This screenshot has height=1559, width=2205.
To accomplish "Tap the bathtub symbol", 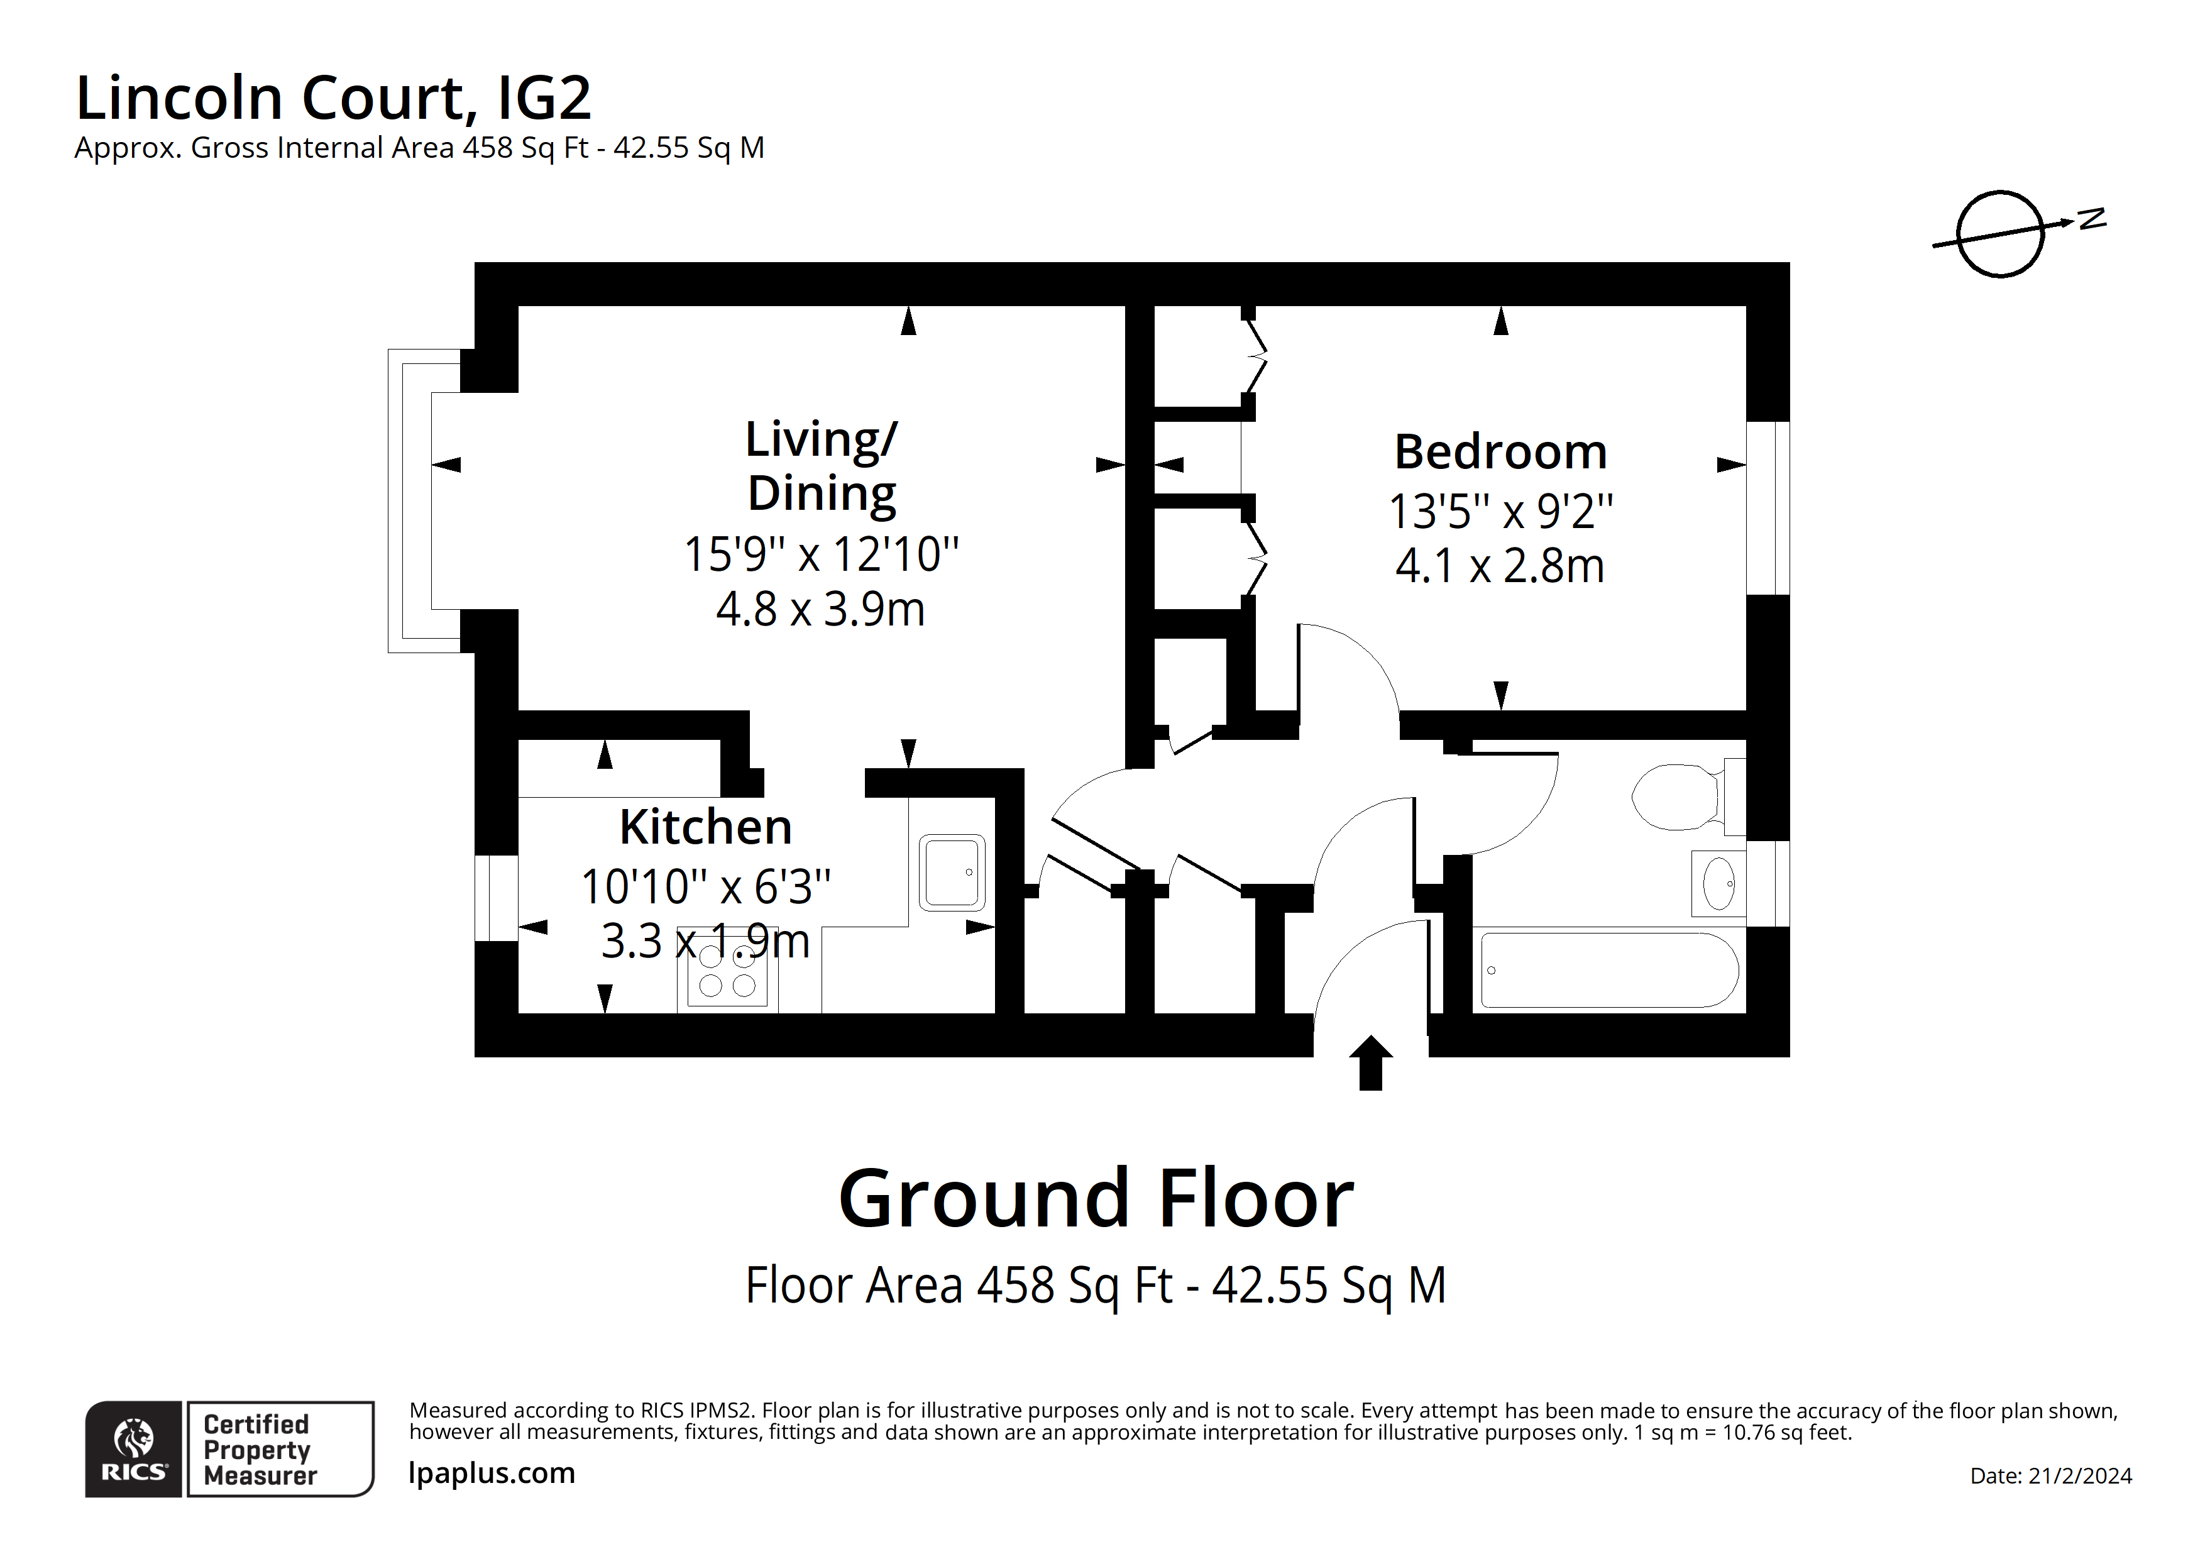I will tap(1610, 970).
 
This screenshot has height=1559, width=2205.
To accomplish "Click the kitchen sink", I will tap(952, 872).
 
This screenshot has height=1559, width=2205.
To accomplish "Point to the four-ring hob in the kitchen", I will tap(727, 971).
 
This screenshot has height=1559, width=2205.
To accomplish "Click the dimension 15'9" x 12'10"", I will tap(821, 554).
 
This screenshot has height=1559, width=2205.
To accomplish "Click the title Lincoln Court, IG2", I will tap(333, 98).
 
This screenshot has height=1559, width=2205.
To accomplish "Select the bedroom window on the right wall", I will tap(1767, 507).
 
